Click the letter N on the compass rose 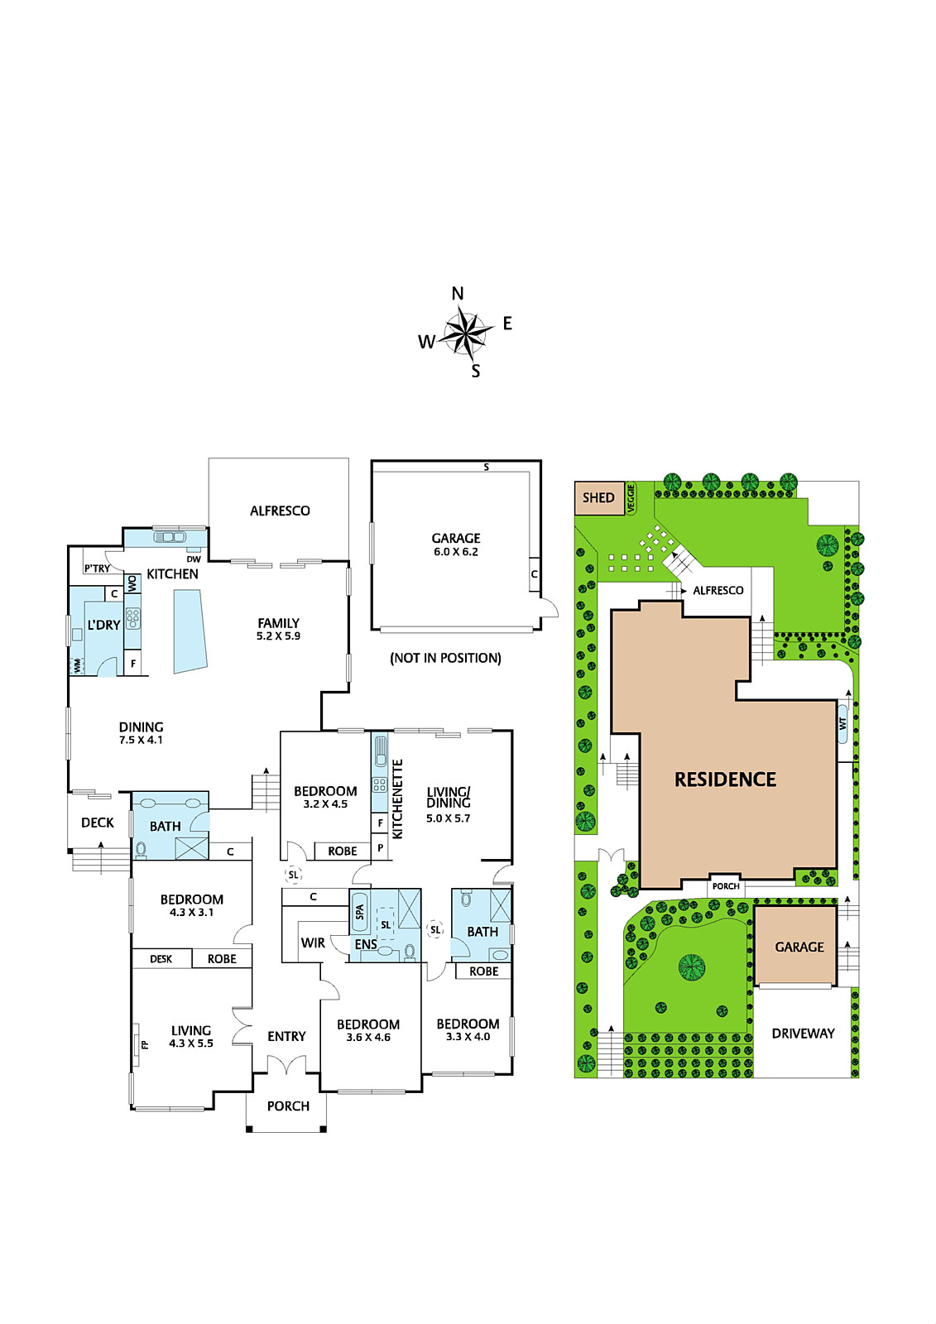(x=458, y=293)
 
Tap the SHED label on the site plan (x=598, y=497)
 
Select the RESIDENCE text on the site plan (x=725, y=780)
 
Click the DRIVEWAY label (x=803, y=1034)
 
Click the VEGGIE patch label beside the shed (x=631, y=498)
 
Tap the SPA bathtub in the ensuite (x=359, y=912)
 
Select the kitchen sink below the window (x=170, y=537)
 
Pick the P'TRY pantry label (x=97, y=568)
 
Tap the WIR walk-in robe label (x=313, y=943)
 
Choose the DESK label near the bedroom (x=161, y=959)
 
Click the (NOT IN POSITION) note (x=445, y=658)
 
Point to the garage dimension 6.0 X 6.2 (x=454, y=551)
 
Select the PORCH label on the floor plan (x=288, y=1106)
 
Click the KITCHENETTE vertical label (x=397, y=799)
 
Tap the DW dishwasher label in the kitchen (x=194, y=559)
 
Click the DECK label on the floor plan (x=98, y=823)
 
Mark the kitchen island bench (x=190, y=631)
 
